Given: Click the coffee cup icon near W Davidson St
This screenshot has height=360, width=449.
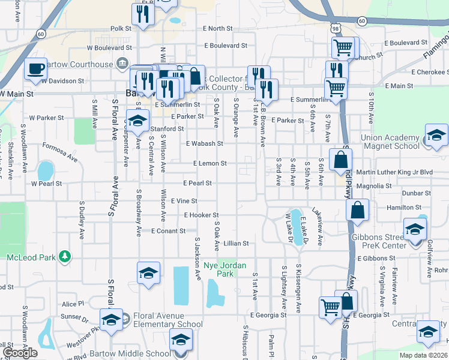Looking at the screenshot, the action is (x=35, y=68).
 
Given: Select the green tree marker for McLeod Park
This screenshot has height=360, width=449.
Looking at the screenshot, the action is (x=65, y=257).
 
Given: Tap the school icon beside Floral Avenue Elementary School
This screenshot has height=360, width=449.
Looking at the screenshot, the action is (x=111, y=320).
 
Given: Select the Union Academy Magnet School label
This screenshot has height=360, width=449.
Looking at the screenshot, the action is (x=390, y=142).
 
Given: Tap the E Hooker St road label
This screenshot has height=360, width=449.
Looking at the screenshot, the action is (x=201, y=215).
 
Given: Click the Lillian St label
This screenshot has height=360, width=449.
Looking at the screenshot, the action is (x=236, y=244).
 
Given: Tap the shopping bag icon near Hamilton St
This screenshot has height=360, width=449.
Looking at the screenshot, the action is (x=357, y=210).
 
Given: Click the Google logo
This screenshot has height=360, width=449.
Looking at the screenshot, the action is (x=20, y=352).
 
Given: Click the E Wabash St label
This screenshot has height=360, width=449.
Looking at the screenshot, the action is (x=204, y=144).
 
